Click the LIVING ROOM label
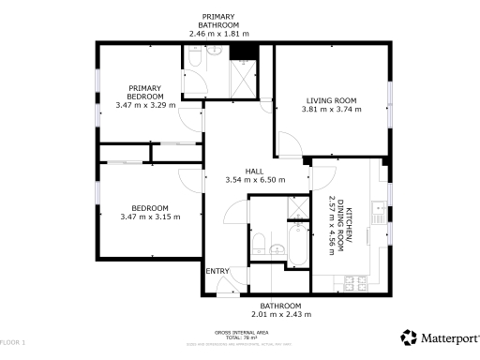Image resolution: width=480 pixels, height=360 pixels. coord(331,100)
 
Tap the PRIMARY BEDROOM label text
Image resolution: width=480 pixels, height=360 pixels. coord(145,92)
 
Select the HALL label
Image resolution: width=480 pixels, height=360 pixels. coord(254,171)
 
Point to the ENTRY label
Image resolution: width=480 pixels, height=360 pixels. coord(217,271)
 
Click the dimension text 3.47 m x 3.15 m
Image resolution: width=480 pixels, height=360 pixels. coord(150,217)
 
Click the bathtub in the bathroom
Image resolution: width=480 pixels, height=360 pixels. coord(297,247)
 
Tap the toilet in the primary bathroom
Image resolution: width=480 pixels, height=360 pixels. coord(194,58)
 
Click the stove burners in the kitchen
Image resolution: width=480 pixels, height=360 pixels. coord(357,279)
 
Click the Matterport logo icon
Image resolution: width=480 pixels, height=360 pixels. coord(409,337)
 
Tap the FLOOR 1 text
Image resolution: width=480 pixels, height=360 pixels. coord(13,342)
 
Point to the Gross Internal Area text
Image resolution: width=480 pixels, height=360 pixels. coord(242,333)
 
